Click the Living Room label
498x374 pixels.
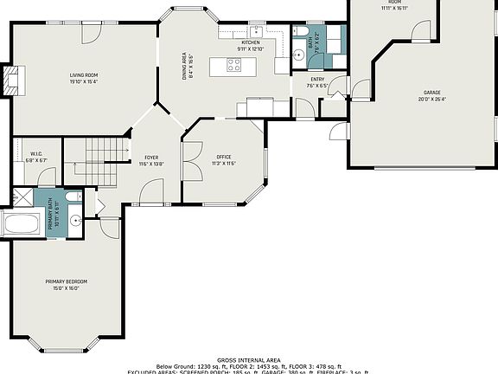tap(83, 75)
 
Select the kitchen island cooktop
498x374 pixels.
tap(234, 62)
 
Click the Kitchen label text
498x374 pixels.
tap(251, 42)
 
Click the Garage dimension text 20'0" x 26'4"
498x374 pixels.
tap(432, 99)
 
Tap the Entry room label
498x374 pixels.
tap(316, 81)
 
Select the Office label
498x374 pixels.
tap(224, 157)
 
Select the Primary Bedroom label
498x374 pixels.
tap(67, 281)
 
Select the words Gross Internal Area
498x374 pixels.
tap(248, 358)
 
